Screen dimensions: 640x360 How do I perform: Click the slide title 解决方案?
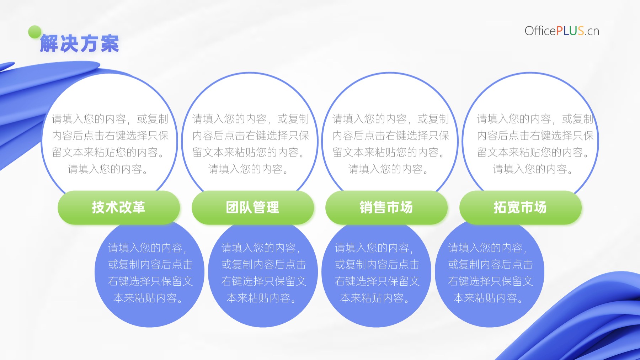point(80,44)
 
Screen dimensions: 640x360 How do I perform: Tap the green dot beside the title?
point(35,32)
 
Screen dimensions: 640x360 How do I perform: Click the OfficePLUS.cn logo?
point(562,31)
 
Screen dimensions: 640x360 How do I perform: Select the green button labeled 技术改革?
point(119,207)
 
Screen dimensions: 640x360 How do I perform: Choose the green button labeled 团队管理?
point(253,207)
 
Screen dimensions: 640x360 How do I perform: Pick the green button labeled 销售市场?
point(386,207)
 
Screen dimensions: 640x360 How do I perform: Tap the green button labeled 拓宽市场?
point(521,207)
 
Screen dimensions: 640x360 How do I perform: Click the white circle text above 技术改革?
point(110,144)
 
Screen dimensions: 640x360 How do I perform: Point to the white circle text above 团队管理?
point(251,144)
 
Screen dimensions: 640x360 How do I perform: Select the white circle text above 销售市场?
point(391,144)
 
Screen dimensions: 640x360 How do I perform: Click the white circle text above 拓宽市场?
point(535,144)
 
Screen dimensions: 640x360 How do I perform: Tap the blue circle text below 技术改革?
point(150,273)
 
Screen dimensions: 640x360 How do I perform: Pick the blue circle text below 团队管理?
point(263,273)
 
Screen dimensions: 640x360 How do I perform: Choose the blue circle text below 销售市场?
point(377,273)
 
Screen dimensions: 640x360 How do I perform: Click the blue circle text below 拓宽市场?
point(490,273)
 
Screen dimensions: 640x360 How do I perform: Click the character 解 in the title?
point(49,44)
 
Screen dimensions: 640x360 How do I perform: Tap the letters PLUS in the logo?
point(570,31)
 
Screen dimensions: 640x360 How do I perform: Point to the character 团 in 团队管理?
point(233,207)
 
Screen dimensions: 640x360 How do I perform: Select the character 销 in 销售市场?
point(366,207)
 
